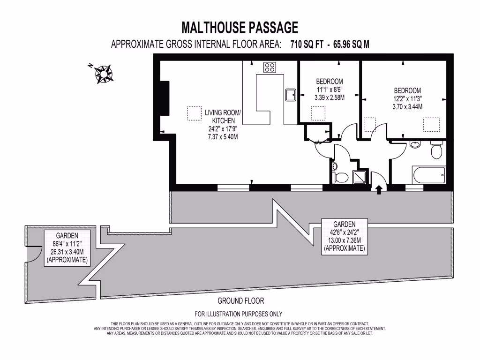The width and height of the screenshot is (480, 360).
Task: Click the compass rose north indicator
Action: (103, 73)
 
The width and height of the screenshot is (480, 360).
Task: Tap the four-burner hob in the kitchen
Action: (270, 67)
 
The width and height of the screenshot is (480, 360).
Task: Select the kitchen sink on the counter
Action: (290, 94)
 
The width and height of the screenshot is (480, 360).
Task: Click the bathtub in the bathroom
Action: (428, 175)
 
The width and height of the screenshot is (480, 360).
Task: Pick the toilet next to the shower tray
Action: (340, 177)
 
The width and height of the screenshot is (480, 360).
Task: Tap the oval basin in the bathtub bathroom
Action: (415, 144)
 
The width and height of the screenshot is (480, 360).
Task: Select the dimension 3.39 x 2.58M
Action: (329, 98)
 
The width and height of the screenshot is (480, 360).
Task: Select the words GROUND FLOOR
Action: (241, 301)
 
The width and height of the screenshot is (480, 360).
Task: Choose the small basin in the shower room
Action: (334, 166)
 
